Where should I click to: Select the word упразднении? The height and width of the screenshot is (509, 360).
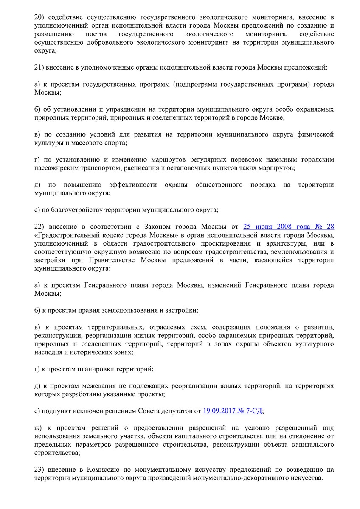[x=121, y=109]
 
